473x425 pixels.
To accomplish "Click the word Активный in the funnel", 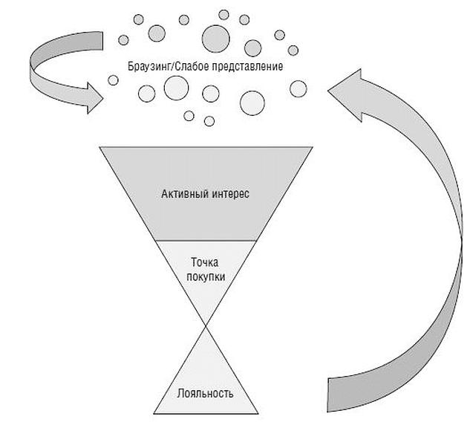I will [183, 195].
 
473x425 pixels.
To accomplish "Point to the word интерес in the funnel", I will [228, 195].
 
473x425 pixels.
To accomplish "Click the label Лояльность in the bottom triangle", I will [206, 392].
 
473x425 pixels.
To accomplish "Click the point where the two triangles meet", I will [206, 325].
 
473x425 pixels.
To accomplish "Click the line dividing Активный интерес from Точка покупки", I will [206, 241].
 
